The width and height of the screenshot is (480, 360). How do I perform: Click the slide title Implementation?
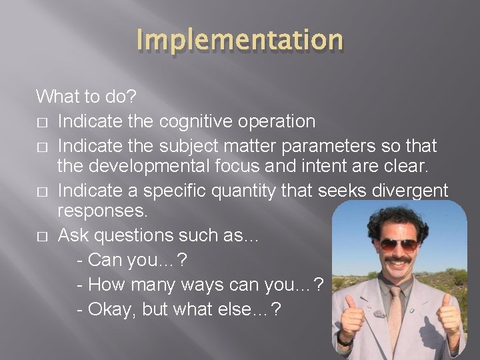pyautogui.click(x=240, y=40)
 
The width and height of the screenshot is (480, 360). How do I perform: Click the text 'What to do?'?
pyautogui.click(x=86, y=97)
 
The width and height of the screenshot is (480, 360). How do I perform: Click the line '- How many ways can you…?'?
pyautogui.click(x=200, y=285)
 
